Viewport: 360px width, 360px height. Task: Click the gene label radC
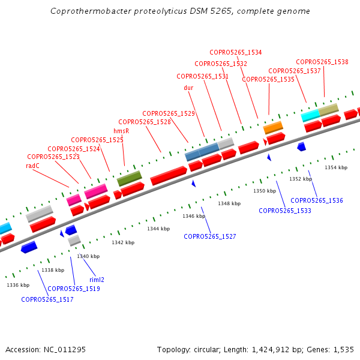point(32,165)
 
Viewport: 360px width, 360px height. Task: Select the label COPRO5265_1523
point(53,157)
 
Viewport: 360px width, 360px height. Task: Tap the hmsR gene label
point(121,131)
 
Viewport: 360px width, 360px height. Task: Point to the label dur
point(188,88)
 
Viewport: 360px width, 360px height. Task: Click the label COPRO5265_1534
point(235,52)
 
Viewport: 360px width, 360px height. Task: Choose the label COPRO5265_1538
point(322,62)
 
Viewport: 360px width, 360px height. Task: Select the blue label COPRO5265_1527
point(210,236)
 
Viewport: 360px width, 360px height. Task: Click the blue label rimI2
point(97,280)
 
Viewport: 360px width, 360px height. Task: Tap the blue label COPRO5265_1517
point(47,299)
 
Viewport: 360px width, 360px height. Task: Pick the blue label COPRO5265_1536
point(317,200)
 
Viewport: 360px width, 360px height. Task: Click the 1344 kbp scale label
point(158,229)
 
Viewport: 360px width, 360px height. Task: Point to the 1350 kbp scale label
point(265,191)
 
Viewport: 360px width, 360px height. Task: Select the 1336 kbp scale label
point(18,285)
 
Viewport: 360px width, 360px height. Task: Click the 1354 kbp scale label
point(336,167)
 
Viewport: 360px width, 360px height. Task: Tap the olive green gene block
point(129,178)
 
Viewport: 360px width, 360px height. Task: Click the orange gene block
point(273,127)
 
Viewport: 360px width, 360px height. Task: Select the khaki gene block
point(328,110)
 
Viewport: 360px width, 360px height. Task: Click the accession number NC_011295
point(64,349)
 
